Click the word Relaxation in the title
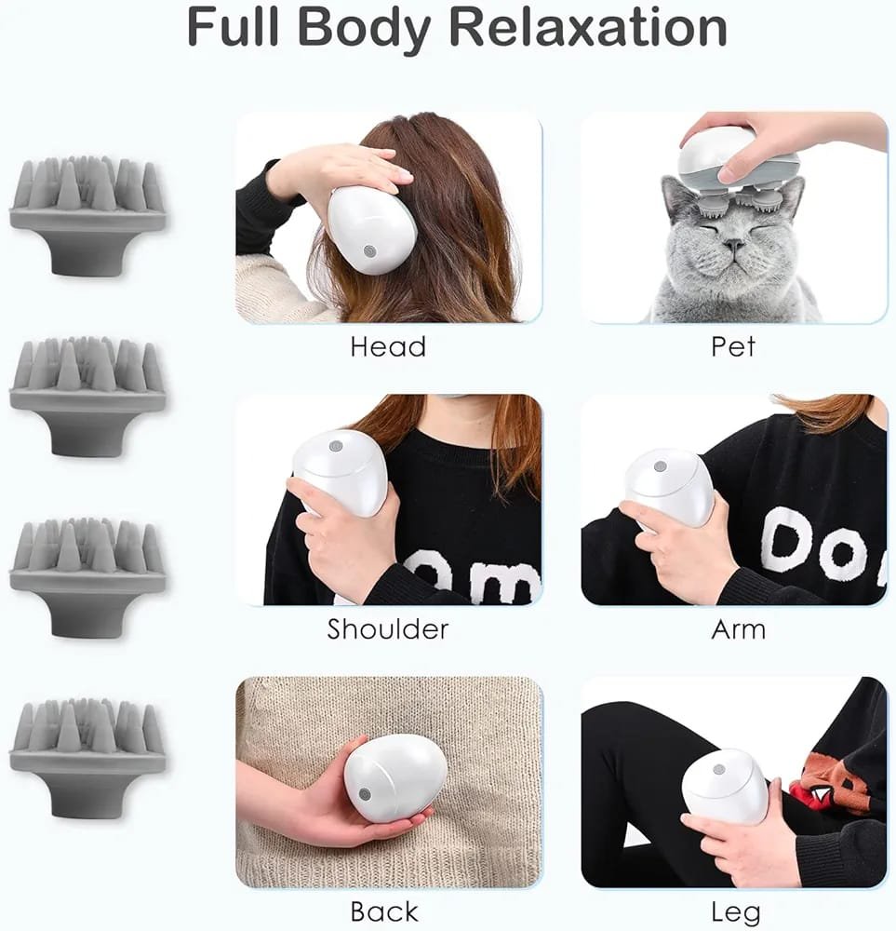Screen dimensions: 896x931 (587, 27)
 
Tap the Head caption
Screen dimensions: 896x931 (388, 346)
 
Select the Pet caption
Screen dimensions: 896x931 (733, 346)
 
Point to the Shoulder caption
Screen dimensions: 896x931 (388, 628)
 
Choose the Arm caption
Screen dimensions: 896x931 (738, 628)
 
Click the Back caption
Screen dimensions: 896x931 (384, 911)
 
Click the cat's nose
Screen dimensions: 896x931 (734, 245)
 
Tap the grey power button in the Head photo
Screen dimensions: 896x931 (369, 251)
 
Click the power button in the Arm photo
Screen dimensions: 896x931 (660, 466)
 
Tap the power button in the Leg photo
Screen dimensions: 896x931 (719, 770)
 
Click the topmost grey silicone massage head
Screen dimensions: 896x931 (87, 215)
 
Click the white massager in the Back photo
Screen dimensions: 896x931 (388, 777)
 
